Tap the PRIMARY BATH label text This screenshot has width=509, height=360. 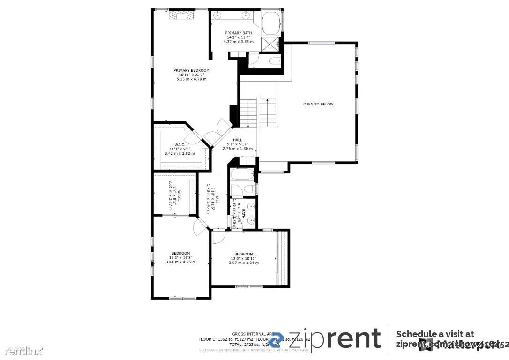(235, 33)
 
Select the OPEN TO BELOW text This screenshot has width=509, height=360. (318, 104)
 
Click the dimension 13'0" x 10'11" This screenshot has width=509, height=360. (244, 258)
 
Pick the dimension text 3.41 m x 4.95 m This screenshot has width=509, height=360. (180, 262)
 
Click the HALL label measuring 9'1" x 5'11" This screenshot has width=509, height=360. (238, 144)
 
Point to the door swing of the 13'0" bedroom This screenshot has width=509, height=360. (217, 237)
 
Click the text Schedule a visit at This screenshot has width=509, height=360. (434, 334)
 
